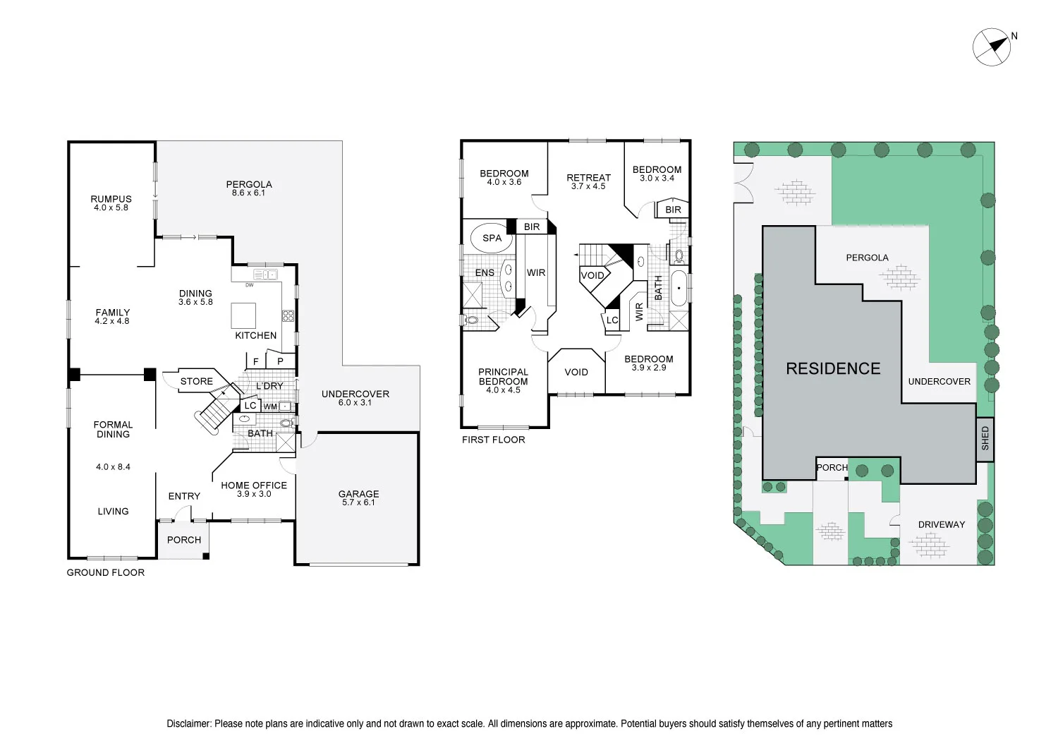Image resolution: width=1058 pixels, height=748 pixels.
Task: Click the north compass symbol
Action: [x=992, y=47]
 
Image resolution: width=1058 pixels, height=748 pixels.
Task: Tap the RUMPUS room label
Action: [x=111, y=199]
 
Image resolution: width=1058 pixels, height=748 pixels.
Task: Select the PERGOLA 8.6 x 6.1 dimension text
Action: [x=248, y=193]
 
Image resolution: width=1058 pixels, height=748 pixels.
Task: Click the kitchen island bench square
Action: [x=243, y=315]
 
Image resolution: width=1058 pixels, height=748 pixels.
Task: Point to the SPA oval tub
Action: [x=492, y=239]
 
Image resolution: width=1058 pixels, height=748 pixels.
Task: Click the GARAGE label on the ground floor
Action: [x=358, y=494]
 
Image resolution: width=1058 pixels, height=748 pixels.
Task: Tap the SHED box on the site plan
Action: [x=985, y=439]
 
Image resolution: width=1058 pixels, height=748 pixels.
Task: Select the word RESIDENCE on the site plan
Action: [x=833, y=368]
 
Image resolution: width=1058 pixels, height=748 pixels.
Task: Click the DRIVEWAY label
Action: [x=941, y=524]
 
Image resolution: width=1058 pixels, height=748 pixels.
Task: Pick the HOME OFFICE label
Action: [x=254, y=485]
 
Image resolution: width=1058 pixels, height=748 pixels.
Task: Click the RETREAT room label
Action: [x=588, y=178]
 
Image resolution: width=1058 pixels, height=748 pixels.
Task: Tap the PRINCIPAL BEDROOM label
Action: [x=503, y=377]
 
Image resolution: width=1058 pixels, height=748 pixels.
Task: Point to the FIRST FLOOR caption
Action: [x=493, y=440]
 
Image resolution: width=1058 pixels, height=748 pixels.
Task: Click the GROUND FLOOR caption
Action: [x=105, y=572]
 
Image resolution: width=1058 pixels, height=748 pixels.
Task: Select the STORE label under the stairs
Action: [x=196, y=381]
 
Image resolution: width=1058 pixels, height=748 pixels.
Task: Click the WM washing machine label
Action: [x=270, y=407]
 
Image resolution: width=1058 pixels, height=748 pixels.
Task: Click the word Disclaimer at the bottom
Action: [x=188, y=723]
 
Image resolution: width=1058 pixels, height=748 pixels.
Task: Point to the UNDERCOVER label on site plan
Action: [x=939, y=381]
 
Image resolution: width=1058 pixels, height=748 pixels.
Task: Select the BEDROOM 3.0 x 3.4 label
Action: [x=657, y=169]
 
